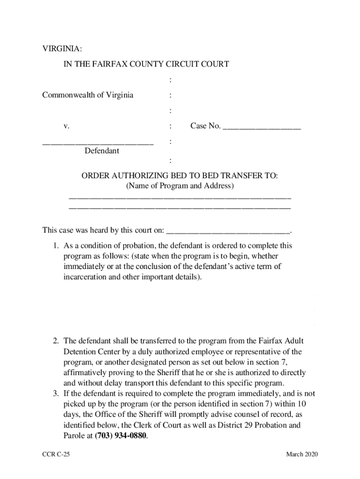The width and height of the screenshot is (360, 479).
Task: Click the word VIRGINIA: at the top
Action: pos(62,49)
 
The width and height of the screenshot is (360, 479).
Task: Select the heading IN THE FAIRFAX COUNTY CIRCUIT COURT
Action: pos(146,64)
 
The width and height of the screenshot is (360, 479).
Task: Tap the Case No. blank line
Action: pos(262,126)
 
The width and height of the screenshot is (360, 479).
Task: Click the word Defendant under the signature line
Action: pos(102,151)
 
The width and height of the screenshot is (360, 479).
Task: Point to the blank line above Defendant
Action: pos(98,143)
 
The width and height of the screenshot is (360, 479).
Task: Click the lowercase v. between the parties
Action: pos(67,126)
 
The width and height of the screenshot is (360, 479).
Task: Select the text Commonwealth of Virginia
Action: pos(88,95)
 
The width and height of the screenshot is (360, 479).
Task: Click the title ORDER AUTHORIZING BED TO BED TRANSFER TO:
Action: pos(180,176)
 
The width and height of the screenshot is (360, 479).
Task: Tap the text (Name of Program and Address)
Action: pos(180,186)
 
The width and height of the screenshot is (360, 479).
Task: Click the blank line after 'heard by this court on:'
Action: pos(229,230)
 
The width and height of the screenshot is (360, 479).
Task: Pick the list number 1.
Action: pos(55,246)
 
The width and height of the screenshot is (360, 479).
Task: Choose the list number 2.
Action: pos(55,341)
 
